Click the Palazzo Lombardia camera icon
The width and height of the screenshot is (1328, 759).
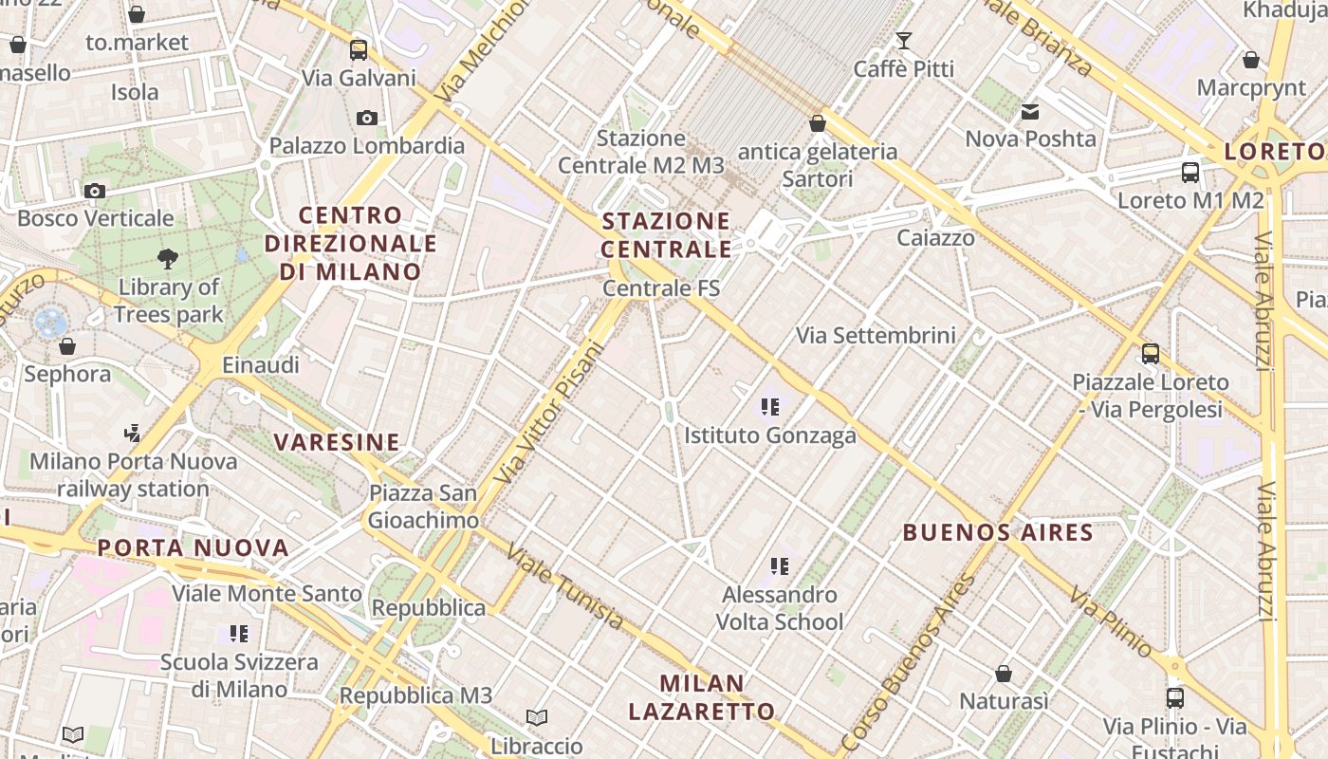pyautogui.click(x=367, y=119)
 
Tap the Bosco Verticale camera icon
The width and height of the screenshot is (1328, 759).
pyautogui.click(x=94, y=192)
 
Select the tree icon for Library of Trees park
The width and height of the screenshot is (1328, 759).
pyautogui.click(x=168, y=258)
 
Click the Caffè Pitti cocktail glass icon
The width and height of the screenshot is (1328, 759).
pyautogui.click(x=903, y=41)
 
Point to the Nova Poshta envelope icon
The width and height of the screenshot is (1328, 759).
pyautogui.click(x=1030, y=112)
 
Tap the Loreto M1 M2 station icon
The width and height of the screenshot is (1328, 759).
pyautogui.click(x=1190, y=173)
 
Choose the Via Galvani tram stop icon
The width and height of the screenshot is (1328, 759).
pyautogui.click(x=358, y=50)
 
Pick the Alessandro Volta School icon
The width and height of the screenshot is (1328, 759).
pyautogui.click(x=780, y=567)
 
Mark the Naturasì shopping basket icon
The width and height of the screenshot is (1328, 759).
pyautogui.click(x=1004, y=675)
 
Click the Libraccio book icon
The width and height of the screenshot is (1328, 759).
pyautogui.click(x=537, y=718)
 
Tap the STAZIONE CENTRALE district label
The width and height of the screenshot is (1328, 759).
pyautogui.click(x=667, y=235)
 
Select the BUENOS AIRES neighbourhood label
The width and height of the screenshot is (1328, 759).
pyautogui.click(x=998, y=532)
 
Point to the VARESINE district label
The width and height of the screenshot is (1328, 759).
pyautogui.click(x=337, y=442)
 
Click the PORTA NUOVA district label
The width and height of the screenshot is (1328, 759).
pyautogui.click(x=193, y=548)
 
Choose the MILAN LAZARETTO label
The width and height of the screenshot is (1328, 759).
pyautogui.click(x=702, y=697)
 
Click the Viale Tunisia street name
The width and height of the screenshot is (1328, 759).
pyautogui.click(x=565, y=586)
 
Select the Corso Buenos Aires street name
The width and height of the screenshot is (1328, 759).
pyautogui.click(x=908, y=663)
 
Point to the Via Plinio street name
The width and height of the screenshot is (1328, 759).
pyautogui.click(x=1112, y=622)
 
